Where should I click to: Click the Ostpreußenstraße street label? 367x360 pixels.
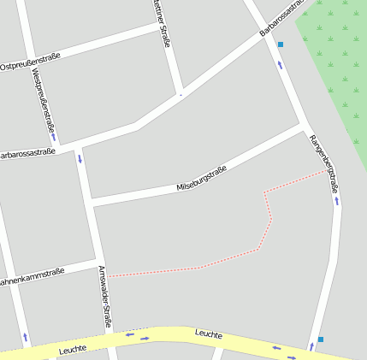tap(31, 62)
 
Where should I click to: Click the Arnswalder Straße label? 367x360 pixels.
tap(104, 297)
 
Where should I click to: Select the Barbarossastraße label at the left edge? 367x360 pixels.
tap(27, 154)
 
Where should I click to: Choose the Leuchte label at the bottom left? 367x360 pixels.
tap(74, 350)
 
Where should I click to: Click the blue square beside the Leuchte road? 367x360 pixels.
tap(321, 339)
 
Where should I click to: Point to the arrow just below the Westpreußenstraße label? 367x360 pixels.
tap(53, 135)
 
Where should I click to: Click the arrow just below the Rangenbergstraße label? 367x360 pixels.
tap(337, 201)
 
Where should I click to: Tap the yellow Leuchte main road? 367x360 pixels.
tap(171, 335)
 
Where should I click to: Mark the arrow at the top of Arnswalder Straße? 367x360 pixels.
tap(80, 157)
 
